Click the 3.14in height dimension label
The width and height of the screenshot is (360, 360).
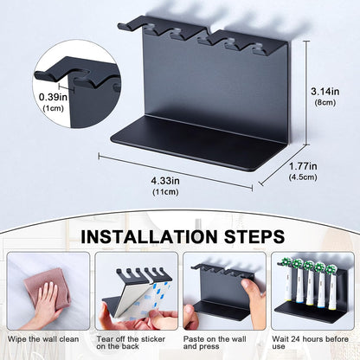(x=325, y=92)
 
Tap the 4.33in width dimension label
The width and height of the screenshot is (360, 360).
(x=165, y=181)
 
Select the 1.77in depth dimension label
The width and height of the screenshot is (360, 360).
(x=303, y=166)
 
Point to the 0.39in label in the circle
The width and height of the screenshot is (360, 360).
(x=53, y=97)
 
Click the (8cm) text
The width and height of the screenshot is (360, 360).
(x=325, y=103)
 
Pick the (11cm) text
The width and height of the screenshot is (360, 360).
(x=165, y=192)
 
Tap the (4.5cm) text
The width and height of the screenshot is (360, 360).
(x=303, y=177)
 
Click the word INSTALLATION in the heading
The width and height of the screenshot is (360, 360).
(x=149, y=236)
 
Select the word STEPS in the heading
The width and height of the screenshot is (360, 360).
(x=254, y=236)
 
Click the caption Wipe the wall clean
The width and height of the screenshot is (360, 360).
(x=43, y=339)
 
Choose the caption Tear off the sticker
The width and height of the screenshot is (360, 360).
(x=131, y=339)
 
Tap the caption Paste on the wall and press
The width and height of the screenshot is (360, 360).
(x=215, y=343)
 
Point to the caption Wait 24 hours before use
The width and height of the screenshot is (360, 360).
(x=311, y=343)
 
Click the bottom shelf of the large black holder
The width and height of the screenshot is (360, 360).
(x=199, y=143)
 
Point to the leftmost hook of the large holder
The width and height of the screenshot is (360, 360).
(x=129, y=23)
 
